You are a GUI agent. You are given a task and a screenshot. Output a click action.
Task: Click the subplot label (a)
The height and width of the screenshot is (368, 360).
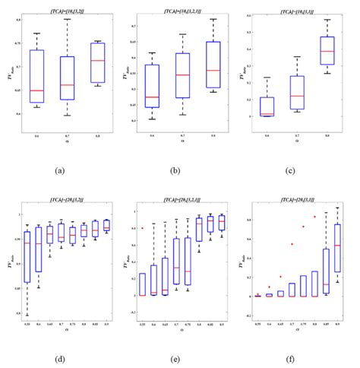(59, 171)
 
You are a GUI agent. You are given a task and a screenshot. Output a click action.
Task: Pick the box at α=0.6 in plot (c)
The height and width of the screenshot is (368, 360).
(267, 106)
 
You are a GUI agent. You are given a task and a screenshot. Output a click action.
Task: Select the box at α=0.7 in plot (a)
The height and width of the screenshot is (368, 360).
(68, 78)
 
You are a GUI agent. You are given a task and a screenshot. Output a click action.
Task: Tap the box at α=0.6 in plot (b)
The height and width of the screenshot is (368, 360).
(152, 86)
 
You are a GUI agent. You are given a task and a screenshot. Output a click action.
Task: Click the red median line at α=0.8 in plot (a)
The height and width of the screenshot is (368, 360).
(97, 60)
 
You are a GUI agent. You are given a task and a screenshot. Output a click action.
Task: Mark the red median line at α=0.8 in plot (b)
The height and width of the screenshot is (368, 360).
(213, 71)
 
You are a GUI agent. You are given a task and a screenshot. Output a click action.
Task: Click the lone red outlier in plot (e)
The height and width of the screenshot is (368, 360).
(142, 228)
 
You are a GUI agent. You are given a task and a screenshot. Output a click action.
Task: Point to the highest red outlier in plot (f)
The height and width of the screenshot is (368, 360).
(314, 217)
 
